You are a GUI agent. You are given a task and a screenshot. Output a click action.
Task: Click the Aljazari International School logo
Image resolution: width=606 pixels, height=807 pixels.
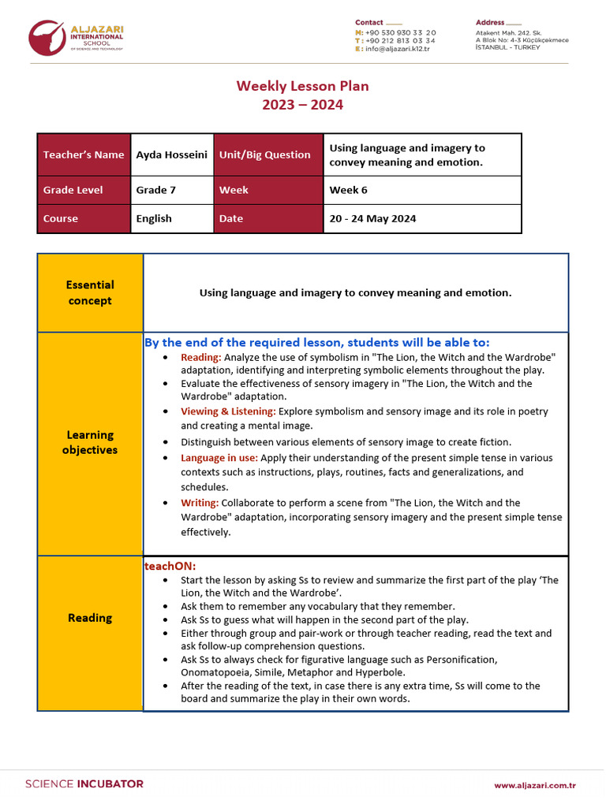[x=77, y=39]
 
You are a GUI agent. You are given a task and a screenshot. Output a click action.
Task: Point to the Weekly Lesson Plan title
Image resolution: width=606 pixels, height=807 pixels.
[x=303, y=86]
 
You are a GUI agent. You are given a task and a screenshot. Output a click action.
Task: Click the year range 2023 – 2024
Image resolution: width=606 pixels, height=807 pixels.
[x=303, y=105]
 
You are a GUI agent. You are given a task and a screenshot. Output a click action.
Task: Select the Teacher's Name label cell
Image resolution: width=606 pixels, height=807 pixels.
[x=83, y=154]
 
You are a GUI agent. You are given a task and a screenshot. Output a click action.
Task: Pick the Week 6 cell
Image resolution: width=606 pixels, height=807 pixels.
[x=421, y=190]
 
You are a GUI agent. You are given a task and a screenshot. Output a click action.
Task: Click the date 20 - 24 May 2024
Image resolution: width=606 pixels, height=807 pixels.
[x=421, y=218]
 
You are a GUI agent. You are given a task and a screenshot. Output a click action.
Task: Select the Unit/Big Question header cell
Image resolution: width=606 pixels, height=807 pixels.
[x=267, y=154]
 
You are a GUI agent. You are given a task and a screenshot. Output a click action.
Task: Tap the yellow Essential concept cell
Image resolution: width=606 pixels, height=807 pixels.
[x=90, y=292]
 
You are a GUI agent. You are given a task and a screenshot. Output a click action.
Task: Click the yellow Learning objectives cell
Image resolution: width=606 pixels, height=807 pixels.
[x=90, y=443]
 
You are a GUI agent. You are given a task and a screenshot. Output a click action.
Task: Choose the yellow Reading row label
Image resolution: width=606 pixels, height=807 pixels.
[x=90, y=618]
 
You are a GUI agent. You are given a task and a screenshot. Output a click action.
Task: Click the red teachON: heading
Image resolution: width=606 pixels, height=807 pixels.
[x=170, y=566]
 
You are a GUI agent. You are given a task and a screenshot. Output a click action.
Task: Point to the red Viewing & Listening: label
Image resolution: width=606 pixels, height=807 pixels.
[x=228, y=411]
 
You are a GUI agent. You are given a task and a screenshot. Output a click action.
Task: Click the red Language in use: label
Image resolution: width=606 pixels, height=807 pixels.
[x=219, y=458]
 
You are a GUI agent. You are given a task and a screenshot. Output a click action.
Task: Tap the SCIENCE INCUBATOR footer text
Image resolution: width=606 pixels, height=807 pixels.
[x=84, y=784]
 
